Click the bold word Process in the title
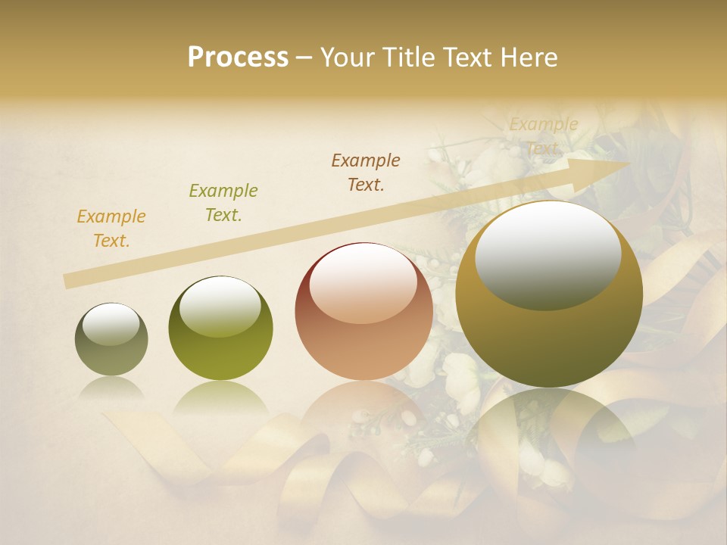[x=238, y=58]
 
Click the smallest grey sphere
[x=111, y=339]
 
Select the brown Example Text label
[x=366, y=173]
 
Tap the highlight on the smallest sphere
[x=111, y=324]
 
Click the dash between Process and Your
[x=304, y=58]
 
